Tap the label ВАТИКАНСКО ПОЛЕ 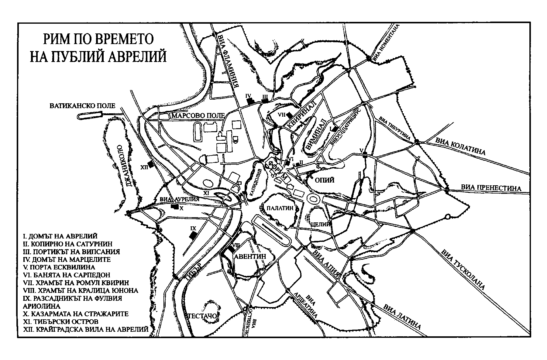pyautogui.click(x=83, y=106)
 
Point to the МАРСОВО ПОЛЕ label pyautogui.click(x=198, y=116)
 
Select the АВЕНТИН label pyautogui.click(x=250, y=256)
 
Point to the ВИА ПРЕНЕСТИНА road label pyautogui.click(x=491, y=188)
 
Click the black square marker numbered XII pyautogui.click(x=150, y=165)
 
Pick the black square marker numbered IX pyautogui.click(x=192, y=235)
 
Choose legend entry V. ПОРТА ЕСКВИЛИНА pyautogui.click(x=59, y=267)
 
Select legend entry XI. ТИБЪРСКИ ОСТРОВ pyautogui.click(x=61, y=321)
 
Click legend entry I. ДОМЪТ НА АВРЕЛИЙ pyautogui.click(x=60, y=236)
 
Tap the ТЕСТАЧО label pyautogui.click(x=202, y=316)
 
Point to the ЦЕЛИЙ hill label pyautogui.click(x=321, y=225)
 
